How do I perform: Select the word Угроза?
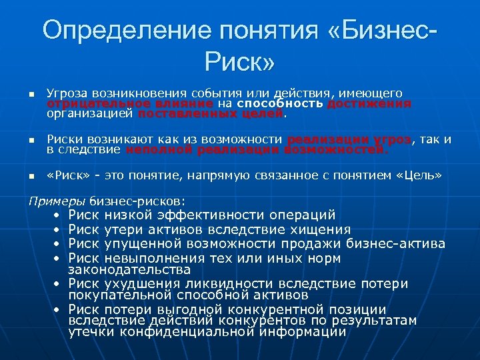pos(68,94)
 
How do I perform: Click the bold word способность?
pos(280,104)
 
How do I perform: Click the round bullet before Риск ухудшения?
pos(57,285)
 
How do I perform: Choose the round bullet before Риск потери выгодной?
pos(57,310)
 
